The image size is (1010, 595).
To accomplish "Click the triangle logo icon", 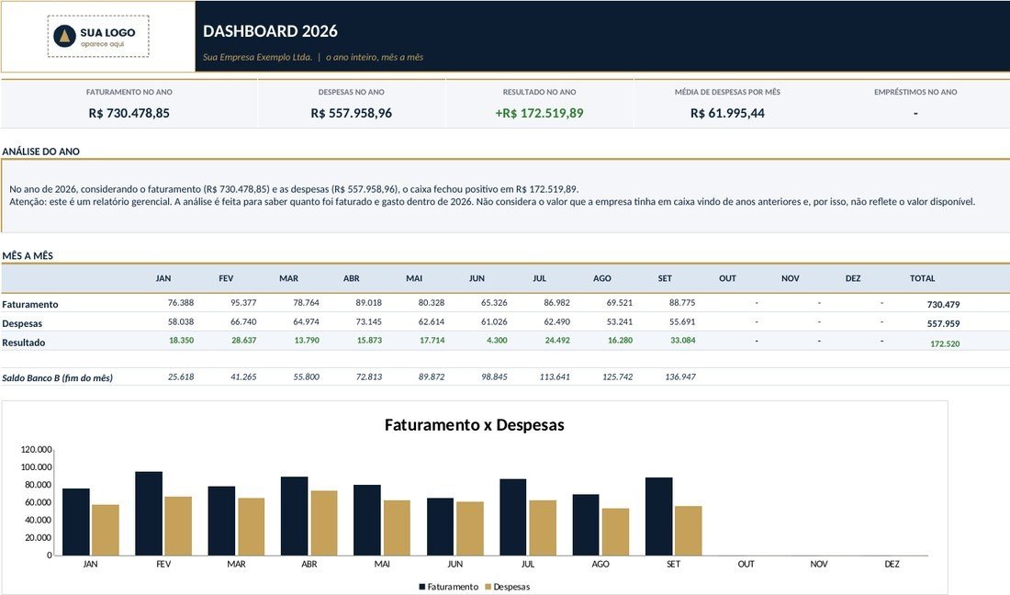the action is coord(64,37).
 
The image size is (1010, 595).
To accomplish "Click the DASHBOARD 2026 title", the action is coord(270,31).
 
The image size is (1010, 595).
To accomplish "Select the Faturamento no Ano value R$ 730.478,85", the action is coord(129,113).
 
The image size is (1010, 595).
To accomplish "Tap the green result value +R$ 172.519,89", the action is coord(539,113).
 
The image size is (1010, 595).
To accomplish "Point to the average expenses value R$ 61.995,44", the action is coord(727,113).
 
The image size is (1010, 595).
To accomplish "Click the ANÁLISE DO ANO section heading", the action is coord(41,152).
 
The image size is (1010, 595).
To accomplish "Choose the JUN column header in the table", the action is coord(477,278).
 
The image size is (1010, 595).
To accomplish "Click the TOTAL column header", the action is coord(923,278).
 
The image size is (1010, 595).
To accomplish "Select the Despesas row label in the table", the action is coord(22,323).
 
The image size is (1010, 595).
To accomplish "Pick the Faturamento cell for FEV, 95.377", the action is coord(243,303).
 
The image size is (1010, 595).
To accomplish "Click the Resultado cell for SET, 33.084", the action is coord(683,340).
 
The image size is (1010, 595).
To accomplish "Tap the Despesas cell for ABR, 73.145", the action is coord(368,321).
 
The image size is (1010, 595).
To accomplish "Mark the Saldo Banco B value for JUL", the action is coord(555,376).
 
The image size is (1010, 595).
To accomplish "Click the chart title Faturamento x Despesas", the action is coord(474,425).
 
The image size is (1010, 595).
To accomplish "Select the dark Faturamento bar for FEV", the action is coord(149,513).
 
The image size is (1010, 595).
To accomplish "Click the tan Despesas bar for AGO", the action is coord(616,532).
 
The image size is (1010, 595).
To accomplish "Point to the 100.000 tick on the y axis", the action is coord(36,466).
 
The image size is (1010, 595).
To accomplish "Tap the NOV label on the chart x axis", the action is coord(819,564).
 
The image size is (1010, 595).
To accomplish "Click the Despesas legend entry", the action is coord(507,587).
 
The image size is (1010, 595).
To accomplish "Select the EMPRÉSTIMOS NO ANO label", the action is coord(915,92).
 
